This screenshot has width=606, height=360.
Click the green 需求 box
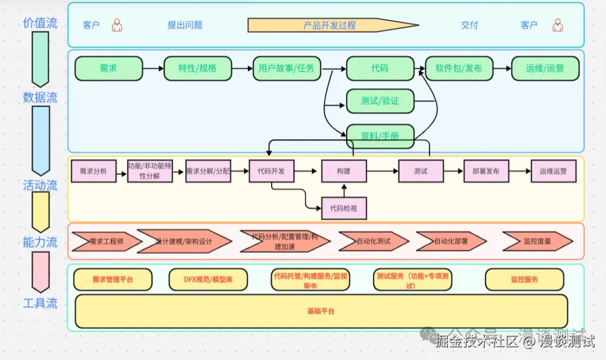coord(108,68)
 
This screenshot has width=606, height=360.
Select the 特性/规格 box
coord(197,68)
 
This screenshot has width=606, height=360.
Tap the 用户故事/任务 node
coord(287,68)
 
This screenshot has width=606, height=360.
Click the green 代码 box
coord(379,68)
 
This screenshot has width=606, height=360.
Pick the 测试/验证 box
coord(380,101)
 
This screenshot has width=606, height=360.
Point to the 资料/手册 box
coord(380,136)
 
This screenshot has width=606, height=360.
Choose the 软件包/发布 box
coord(458,68)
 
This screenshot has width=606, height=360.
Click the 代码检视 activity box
coord(343,209)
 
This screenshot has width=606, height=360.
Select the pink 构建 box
coord(343,171)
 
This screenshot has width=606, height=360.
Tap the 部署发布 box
coord(486,171)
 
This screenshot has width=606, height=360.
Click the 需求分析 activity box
coord(93,171)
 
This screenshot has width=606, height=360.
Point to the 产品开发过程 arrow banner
coord(331,25)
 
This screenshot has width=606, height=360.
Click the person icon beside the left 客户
coord(117,25)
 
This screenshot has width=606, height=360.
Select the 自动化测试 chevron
coord(373,242)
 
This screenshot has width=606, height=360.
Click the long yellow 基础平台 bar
coord(321,311)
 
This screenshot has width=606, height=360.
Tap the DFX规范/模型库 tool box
coord(208,279)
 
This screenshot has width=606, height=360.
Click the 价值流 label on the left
coord(40,23)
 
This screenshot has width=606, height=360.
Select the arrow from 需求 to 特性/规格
coord(153,68)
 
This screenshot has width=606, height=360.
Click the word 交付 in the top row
coord(470,25)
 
